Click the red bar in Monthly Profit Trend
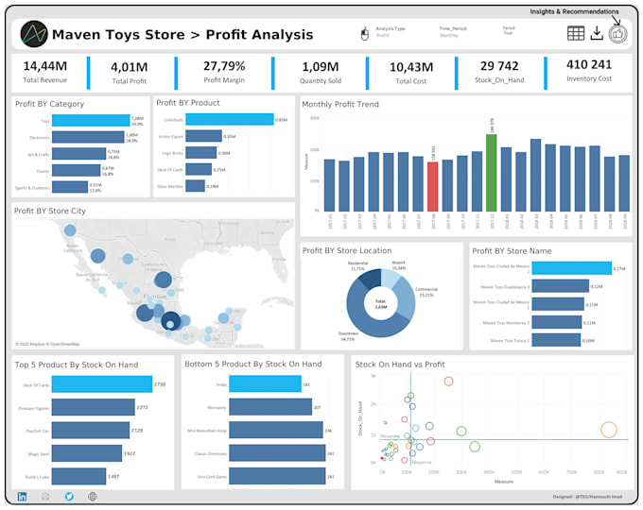point(432,186)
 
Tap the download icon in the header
point(597,33)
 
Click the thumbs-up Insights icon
point(617,33)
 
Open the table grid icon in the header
point(575,33)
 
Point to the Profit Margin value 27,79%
point(224,66)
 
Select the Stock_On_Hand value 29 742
point(499,66)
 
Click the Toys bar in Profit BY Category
point(91,120)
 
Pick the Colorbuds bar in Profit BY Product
point(227,120)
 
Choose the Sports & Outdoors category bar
point(70,186)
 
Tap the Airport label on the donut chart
point(398,266)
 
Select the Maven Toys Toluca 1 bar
point(555,340)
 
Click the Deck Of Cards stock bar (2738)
point(102,384)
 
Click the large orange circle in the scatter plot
point(608,430)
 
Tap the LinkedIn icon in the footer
point(22,496)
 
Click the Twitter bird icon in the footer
point(69,496)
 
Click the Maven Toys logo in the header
point(34,34)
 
